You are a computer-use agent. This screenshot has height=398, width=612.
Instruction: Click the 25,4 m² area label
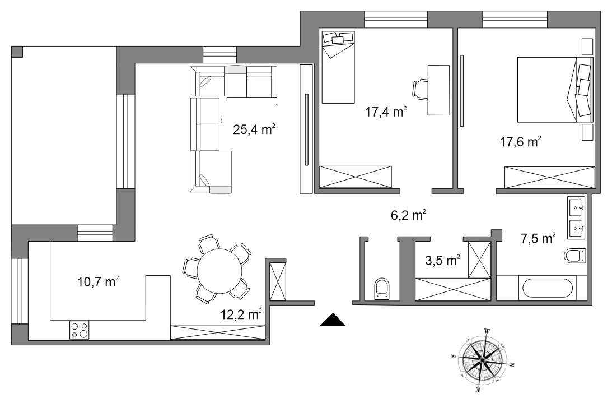coord(253,130)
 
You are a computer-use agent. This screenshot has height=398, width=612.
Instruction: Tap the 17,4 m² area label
coord(386,112)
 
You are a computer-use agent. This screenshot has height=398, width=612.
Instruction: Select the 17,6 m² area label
coord(520,141)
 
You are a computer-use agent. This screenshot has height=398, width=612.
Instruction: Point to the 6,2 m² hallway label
coord(408,214)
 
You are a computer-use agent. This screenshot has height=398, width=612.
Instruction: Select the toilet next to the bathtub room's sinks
coord(574,257)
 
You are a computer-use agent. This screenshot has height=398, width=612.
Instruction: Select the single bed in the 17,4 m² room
coord(338,67)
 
